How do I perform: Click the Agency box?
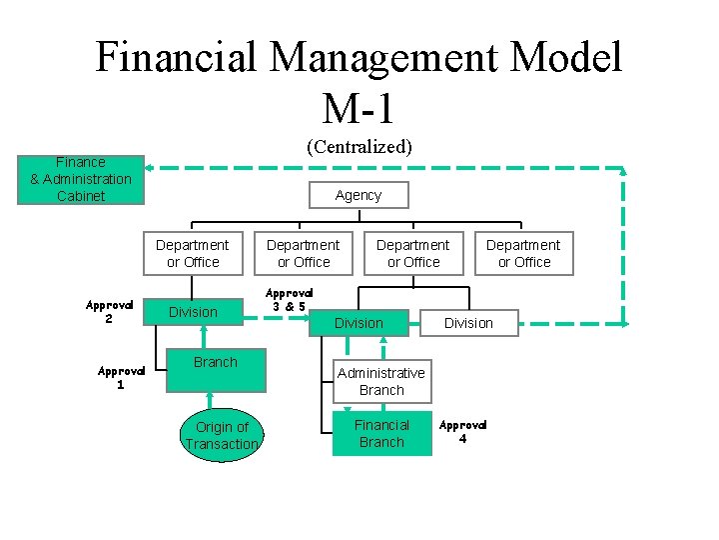coord(359,195)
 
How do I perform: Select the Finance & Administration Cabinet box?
coord(81,180)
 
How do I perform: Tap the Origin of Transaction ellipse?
coord(222,435)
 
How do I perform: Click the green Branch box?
coord(216,370)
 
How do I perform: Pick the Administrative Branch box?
coord(381,382)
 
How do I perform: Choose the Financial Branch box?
coord(381,433)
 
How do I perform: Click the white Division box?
coord(469,323)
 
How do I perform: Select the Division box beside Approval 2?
coord(193,312)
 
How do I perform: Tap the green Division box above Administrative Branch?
coord(359,323)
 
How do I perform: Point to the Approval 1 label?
coord(121,377)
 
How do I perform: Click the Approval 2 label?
coord(109,312)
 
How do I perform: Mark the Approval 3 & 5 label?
coord(289,300)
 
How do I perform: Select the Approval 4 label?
coord(462,432)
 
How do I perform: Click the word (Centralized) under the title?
coord(359,147)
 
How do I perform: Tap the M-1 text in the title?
coord(358,108)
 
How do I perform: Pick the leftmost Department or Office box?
coord(193,253)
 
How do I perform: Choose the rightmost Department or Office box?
coord(524,253)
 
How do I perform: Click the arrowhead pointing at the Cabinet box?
coord(149,168)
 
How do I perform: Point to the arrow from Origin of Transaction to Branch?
coord(210,400)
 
